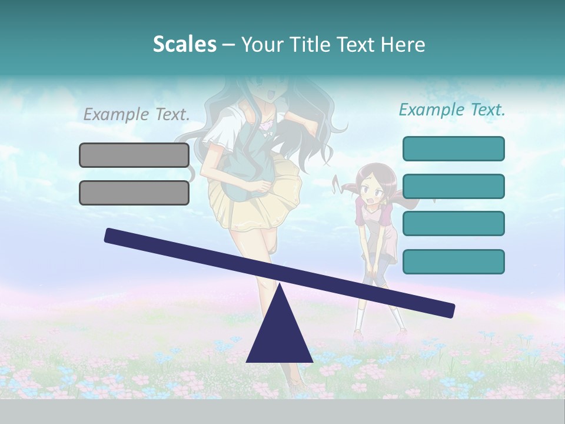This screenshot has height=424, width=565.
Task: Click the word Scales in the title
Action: click(184, 44)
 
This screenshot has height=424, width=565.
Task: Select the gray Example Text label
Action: click(137, 114)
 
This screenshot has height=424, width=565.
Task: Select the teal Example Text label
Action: click(452, 110)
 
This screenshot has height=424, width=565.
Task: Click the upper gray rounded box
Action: click(134, 155)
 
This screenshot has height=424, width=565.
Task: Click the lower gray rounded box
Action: click(134, 193)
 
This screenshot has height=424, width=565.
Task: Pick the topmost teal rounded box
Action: click(453, 148)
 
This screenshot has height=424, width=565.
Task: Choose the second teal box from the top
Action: click(453, 186)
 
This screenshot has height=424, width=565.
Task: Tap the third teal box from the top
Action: click(453, 224)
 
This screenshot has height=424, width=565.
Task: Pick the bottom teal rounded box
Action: click(453, 261)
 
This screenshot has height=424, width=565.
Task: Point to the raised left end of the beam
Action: click(112, 236)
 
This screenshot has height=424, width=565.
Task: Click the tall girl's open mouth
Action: click(271, 94)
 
